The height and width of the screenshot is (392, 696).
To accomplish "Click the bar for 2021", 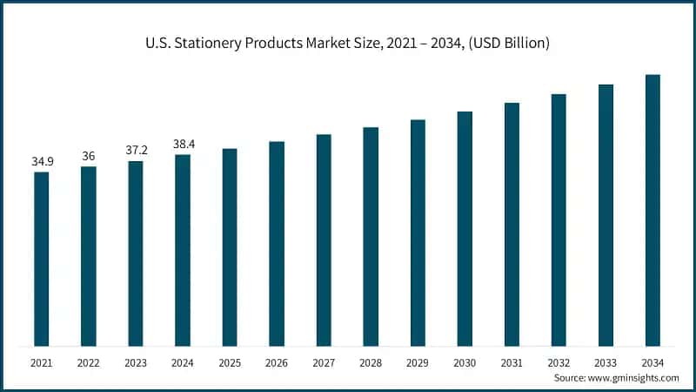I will click(42, 259).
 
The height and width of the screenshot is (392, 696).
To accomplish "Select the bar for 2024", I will click(183, 250).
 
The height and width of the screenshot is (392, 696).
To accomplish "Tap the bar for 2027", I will click(324, 240).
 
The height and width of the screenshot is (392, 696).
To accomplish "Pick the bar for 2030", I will click(465, 229).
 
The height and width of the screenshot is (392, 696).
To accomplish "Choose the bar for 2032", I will click(559, 220).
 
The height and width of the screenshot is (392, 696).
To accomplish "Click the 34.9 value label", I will click(42, 162).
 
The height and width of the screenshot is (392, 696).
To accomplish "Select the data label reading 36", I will click(89, 156).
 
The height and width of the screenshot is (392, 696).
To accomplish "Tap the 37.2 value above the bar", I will click(136, 150).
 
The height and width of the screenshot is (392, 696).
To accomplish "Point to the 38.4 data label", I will click(183, 144).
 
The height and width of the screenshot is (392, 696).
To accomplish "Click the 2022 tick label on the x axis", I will click(89, 361).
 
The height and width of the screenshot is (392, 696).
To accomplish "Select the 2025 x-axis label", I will click(230, 361).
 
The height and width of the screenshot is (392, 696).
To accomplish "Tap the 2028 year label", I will click(371, 361).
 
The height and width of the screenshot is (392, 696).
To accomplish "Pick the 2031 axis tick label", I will click(512, 361).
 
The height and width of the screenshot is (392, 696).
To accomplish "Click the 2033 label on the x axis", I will click(606, 361).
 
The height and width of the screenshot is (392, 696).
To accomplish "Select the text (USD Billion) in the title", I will click(506, 43).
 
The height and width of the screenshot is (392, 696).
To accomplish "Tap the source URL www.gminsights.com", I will click(634, 378).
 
